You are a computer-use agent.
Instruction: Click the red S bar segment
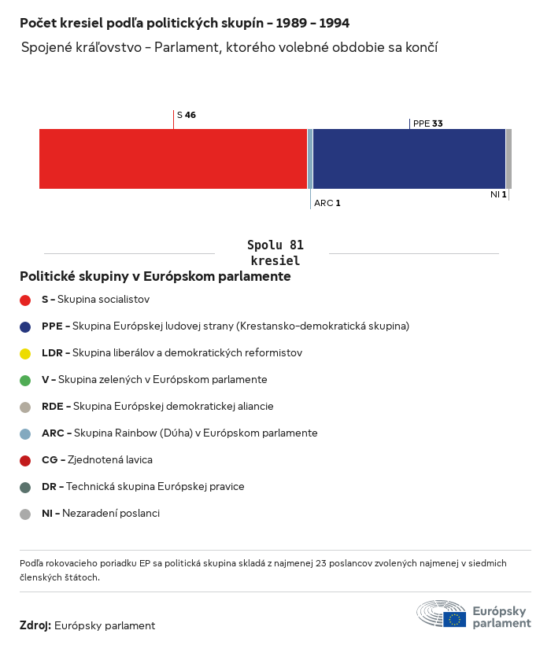(173, 159)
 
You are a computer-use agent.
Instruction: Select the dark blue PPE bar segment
(409, 159)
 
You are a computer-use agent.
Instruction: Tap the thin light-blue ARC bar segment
(310, 159)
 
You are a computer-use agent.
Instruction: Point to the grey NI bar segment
(508, 159)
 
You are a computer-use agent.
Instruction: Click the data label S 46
(187, 115)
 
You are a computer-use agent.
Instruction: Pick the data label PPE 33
(427, 123)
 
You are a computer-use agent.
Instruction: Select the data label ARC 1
(327, 203)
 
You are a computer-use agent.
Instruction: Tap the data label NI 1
(498, 194)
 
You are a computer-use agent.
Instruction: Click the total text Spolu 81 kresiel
(275, 252)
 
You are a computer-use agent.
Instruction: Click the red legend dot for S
(25, 300)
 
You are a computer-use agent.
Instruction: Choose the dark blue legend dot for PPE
(25, 326)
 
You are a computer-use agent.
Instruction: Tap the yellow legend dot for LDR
(25, 353)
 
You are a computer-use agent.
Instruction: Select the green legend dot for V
(25, 380)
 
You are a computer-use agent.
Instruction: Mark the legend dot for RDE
(25, 407)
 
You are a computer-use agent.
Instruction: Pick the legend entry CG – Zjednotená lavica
(97, 460)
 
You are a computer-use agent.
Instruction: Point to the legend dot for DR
(25, 487)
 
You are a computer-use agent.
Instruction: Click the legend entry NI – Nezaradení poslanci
(100, 514)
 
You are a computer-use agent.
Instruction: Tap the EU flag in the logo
(454, 619)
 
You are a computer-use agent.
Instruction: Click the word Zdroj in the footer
(35, 626)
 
